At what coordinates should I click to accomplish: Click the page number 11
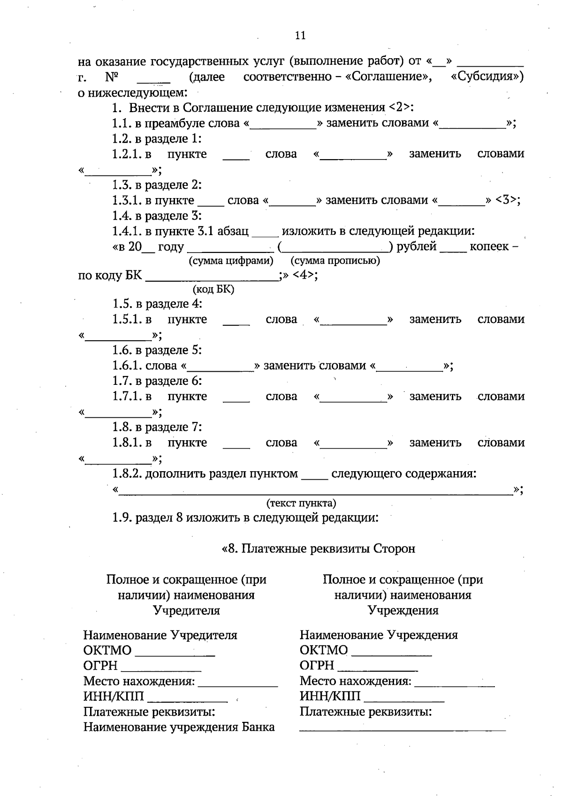click(x=300, y=35)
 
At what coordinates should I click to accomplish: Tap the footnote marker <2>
click(x=401, y=107)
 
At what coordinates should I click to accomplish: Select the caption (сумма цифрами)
click(x=231, y=260)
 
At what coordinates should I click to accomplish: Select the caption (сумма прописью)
click(x=335, y=260)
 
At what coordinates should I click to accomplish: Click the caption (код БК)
click(x=213, y=290)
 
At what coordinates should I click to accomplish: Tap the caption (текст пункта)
click(x=301, y=504)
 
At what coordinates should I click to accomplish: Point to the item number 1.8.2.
click(x=127, y=474)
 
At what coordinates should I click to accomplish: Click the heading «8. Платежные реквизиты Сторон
click(x=318, y=549)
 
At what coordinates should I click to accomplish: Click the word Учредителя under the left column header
click(x=186, y=611)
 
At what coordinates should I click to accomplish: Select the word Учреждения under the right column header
click(x=403, y=611)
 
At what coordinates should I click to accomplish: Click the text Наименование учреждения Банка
click(x=179, y=727)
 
